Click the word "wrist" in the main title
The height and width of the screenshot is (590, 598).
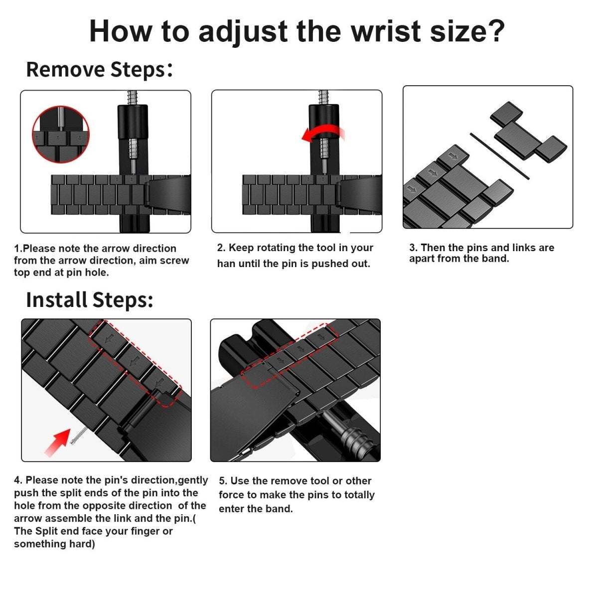click(x=386, y=31)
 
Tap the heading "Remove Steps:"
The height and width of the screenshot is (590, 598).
click(x=99, y=69)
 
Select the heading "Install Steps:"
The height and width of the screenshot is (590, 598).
click(x=90, y=300)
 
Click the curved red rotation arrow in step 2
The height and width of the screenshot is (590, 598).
click(x=323, y=134)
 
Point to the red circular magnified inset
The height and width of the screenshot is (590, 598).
click(x=61, y=134)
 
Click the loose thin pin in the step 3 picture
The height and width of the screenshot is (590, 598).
click(x=499, y=156)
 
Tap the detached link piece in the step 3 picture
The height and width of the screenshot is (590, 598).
click(x=529, y=133)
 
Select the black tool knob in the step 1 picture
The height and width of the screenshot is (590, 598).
click(x=133, y=122)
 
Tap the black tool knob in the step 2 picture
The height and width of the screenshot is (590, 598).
click(x=324, y=122)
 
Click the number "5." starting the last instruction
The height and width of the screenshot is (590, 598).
click(x=223, y=481)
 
